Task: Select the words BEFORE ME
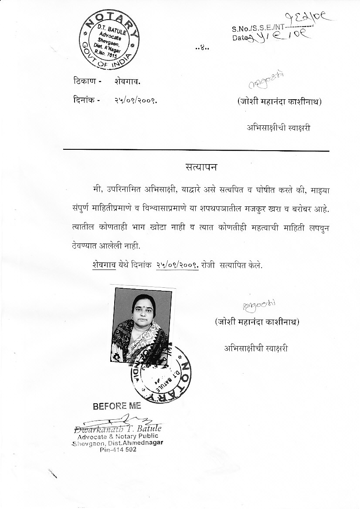(117, 406)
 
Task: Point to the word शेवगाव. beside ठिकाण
(128, 81)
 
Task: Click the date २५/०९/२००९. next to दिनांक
(136, 100)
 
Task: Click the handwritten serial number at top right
(311, 18)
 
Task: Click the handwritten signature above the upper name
(266, 81)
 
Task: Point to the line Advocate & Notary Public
(118, 436)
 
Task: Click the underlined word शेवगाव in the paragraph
(104, 264)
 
